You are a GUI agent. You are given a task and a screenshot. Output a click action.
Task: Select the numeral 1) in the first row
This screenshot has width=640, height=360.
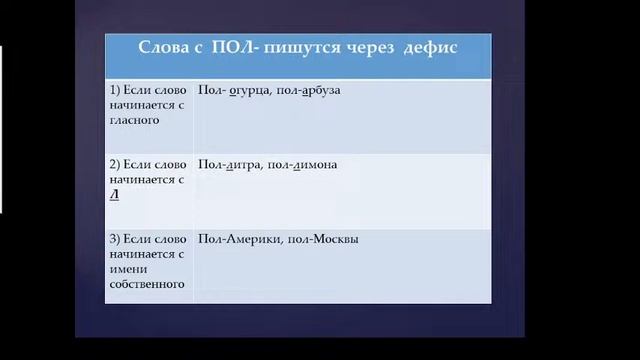click(x=115, y=90)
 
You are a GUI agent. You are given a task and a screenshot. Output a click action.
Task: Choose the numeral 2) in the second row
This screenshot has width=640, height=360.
click(x=115, y=164)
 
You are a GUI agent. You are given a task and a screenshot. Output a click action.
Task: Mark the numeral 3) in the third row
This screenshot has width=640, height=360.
click(x=115, y=239)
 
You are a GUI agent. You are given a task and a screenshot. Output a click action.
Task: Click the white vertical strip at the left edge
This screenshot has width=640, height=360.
click(x=1, y=130)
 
